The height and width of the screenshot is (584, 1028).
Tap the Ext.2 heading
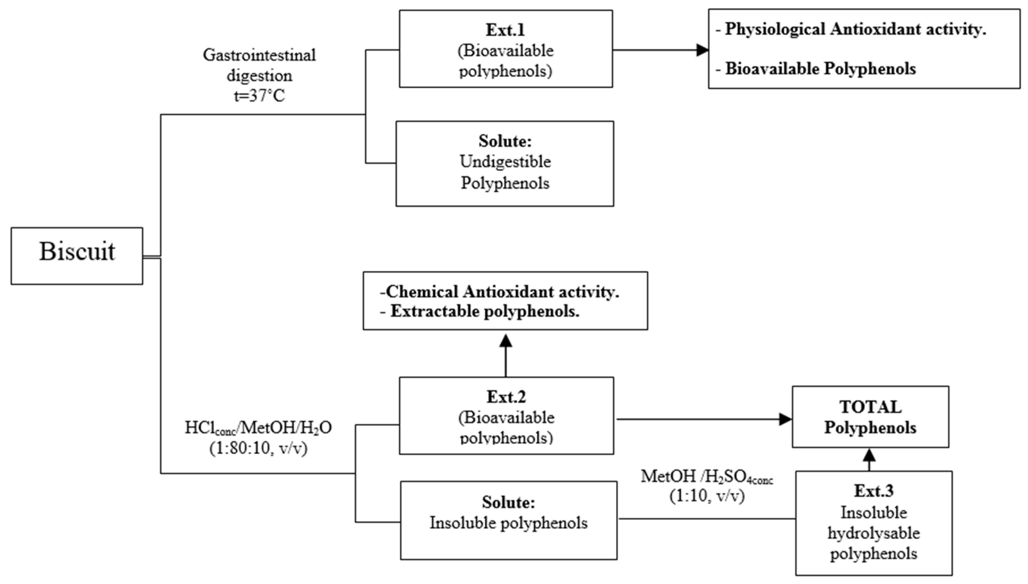[506, 397]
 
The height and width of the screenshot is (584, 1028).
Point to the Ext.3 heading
[873, 491]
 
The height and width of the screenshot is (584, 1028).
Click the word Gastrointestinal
[259, 55]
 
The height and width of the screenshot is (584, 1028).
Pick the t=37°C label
[259, 96]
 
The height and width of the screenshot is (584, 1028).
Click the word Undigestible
[505, 162]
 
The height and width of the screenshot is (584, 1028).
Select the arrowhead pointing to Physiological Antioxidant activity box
[702, 50]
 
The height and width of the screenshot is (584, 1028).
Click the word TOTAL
[870, 407]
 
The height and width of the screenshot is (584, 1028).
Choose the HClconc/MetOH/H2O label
[258, 428]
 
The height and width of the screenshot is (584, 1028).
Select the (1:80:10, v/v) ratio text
[258, 448]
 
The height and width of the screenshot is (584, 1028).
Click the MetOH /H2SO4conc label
[706, 477]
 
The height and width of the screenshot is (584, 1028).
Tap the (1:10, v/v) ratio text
[706, 496]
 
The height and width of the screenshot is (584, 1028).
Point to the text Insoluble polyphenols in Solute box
[508, 523]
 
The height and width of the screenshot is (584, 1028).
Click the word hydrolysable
[873, 533]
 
